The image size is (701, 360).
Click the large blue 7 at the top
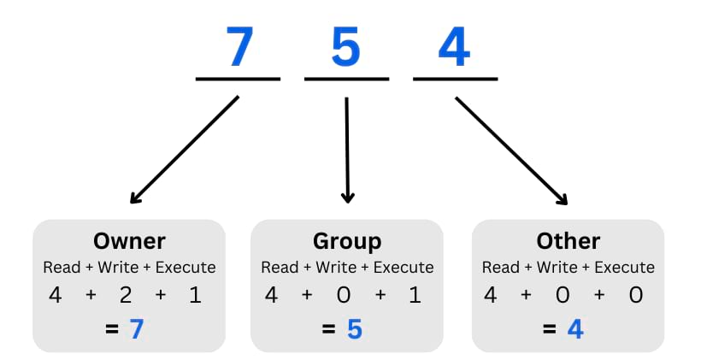[239, 47]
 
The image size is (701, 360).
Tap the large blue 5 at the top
[346, 47]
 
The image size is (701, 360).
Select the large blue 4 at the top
[454, 47]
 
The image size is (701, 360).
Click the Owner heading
[129, 241]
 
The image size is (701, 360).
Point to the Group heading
[347, 241]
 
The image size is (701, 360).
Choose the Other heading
[568, 241]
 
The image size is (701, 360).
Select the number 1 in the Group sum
[415, 296]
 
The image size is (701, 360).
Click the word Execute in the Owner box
[185, 268]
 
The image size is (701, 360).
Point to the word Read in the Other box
[500, 268]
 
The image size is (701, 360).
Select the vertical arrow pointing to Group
[347, 150]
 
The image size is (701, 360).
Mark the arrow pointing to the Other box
[511, 150]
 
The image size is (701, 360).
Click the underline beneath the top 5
[346, 80]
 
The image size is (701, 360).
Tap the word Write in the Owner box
[118, 268]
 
